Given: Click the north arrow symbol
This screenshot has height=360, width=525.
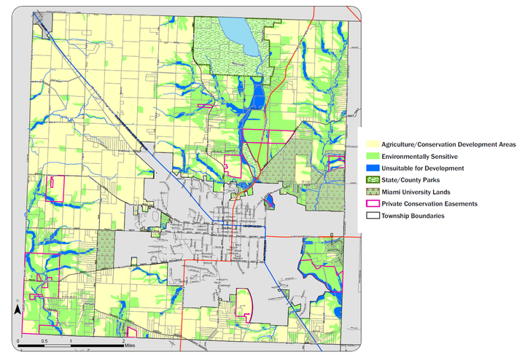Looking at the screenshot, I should coord(17,310).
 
